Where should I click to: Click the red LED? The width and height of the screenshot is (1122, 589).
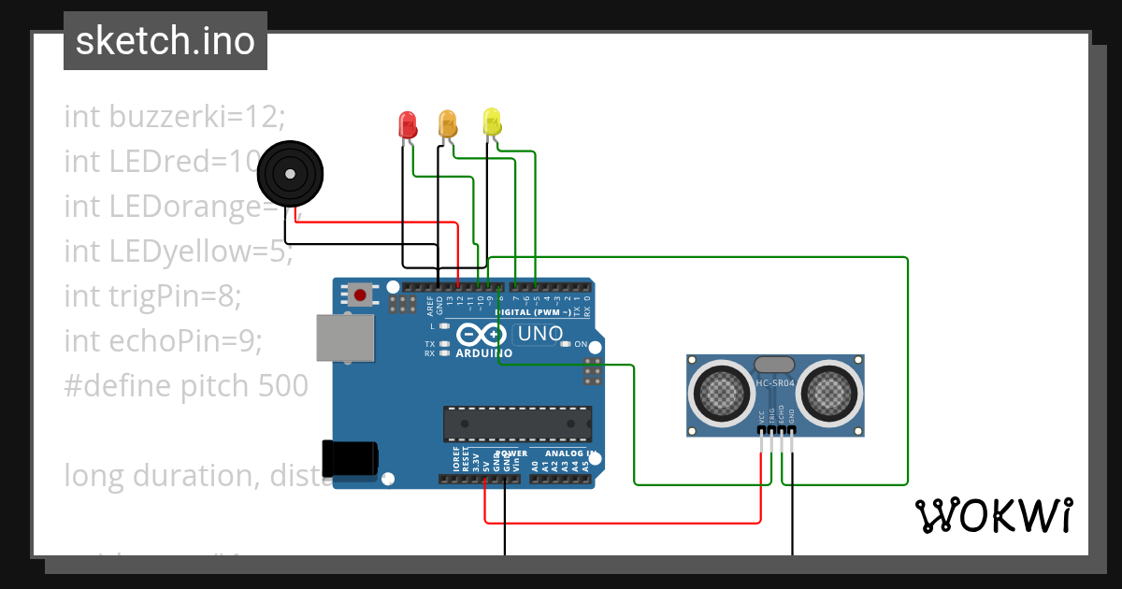click(408, 124)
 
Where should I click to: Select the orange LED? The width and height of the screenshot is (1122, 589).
click(448, 122)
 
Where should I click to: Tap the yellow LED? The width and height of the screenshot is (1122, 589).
click(492, 122)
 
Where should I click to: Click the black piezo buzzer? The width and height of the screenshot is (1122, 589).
click(290, 173)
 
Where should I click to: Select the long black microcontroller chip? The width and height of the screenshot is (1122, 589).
click(517, 423)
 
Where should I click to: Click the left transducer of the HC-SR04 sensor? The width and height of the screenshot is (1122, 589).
click(722, 392)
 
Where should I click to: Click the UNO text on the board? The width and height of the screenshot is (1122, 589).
click(539, 334)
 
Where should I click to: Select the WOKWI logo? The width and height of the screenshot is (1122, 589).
click(993, 515)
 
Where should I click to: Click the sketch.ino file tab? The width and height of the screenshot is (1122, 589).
click(165, 41)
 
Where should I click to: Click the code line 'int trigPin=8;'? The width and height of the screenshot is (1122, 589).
click(152, 296)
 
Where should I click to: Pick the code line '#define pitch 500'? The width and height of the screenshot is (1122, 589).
click(185, 386)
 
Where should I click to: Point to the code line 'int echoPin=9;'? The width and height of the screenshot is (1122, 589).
click(163, 341)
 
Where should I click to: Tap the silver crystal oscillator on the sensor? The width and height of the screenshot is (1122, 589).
click(775, 365)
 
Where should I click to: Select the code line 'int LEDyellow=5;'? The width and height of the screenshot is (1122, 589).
click(178, 251)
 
